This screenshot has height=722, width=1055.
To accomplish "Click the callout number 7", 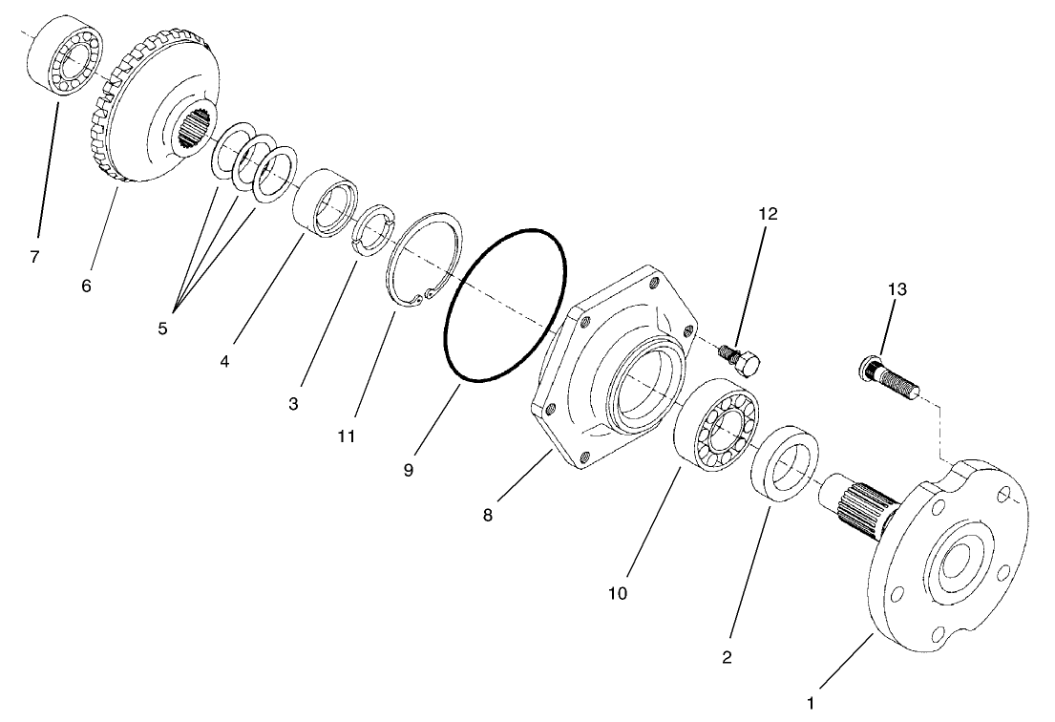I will (34, 257).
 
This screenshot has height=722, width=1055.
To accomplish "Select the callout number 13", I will (897, 287).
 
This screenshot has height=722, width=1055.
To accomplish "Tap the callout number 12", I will (768, 213).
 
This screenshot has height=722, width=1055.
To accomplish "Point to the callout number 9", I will (408, 471).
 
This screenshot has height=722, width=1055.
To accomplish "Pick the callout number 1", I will (811, 703).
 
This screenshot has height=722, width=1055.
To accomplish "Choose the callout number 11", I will (346, 435).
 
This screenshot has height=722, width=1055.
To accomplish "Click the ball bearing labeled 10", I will (717, 424).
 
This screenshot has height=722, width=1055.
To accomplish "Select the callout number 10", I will (617, 593).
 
